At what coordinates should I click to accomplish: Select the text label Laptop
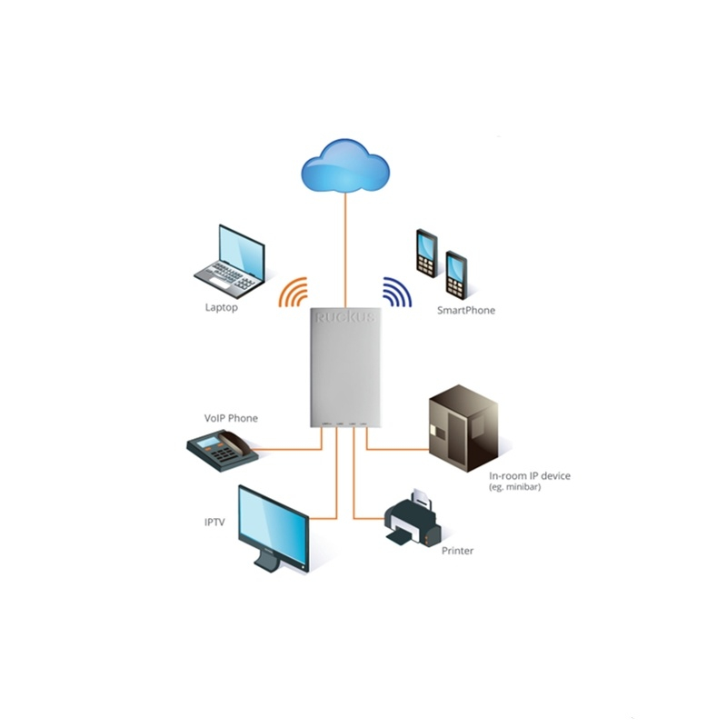[221, 308]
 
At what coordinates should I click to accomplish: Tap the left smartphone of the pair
[426, 252]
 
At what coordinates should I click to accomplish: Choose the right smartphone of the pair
[456, 274]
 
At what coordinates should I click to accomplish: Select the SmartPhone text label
[466, 311]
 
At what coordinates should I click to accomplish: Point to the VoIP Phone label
[231, 418]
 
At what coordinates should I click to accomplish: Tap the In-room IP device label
[530, 476]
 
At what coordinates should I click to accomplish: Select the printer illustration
[413, 520]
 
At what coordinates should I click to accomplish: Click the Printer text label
[457, 551]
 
